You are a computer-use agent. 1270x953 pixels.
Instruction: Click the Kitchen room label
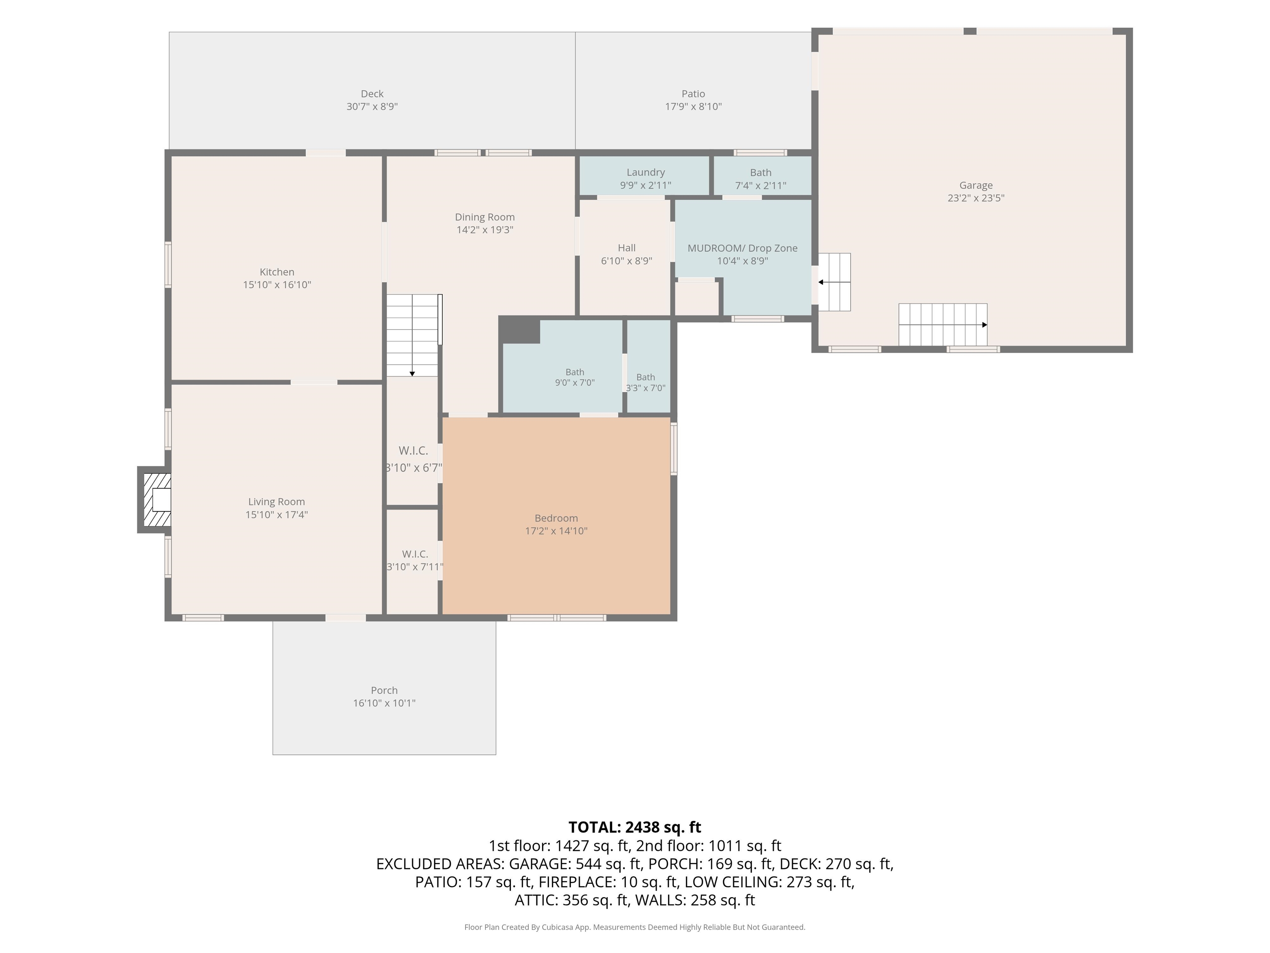point(277,272)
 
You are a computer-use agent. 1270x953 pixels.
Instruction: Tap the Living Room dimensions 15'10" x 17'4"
point(277,515)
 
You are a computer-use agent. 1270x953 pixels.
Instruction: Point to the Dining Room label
point(485,217)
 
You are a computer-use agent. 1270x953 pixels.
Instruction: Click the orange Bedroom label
point(556,518)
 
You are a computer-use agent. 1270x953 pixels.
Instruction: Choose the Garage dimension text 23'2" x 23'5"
point(976,198)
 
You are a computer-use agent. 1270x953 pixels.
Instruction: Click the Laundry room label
point(645,172)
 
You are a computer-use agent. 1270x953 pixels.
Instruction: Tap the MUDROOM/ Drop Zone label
point(742,248)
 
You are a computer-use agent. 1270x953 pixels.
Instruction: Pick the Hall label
point(626,248)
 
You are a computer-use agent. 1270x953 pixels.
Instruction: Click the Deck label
point(372,93)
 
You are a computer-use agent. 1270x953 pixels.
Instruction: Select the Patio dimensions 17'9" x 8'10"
point(693,106)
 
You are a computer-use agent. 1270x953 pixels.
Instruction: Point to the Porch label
point(384,690)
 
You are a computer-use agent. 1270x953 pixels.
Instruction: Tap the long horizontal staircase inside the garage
point(943,325)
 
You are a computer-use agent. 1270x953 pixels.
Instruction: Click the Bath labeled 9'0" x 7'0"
point(575,372)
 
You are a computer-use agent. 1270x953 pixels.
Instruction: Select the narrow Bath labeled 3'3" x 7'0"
point(645,377)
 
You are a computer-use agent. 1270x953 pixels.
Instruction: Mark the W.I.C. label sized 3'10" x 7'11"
point(415,554)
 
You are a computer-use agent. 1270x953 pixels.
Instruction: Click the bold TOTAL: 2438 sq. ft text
point(635,827)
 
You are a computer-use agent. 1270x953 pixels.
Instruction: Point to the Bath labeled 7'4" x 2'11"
point(761,172)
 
